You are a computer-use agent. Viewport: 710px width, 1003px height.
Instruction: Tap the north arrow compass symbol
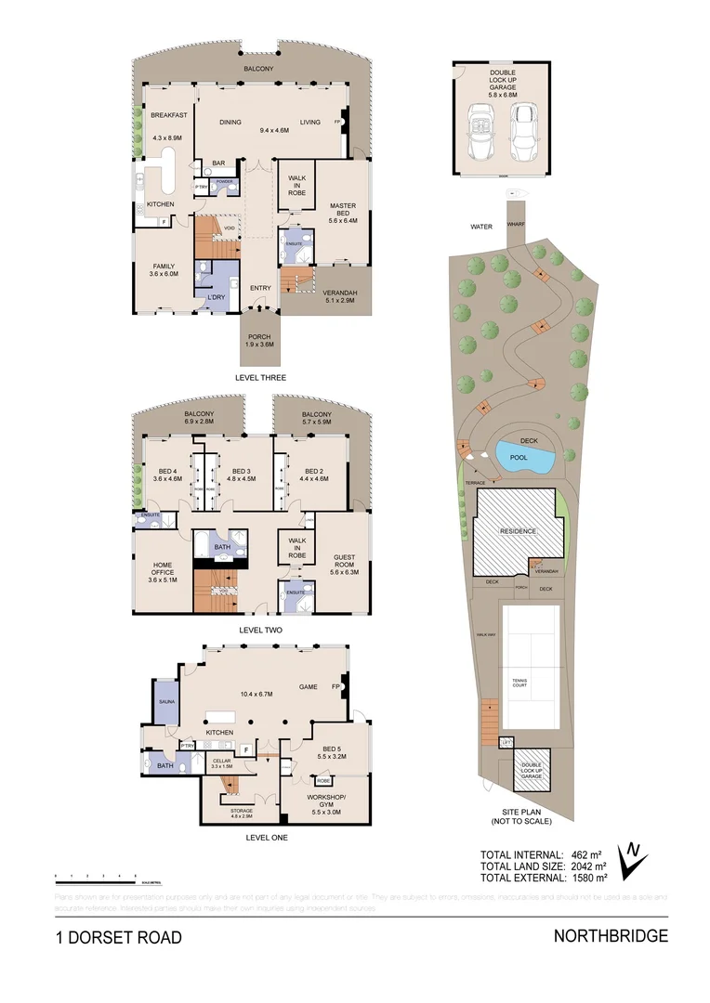click(632, 859)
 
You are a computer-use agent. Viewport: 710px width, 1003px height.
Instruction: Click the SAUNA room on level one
click(168, 703)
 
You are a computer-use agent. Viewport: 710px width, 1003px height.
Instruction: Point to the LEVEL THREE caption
click(261, 378)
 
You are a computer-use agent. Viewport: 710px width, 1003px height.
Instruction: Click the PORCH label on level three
click(261, 337)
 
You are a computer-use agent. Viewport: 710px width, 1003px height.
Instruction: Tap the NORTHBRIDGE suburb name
click(611, 936)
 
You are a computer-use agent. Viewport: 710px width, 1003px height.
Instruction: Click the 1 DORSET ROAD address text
click(118, 937)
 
